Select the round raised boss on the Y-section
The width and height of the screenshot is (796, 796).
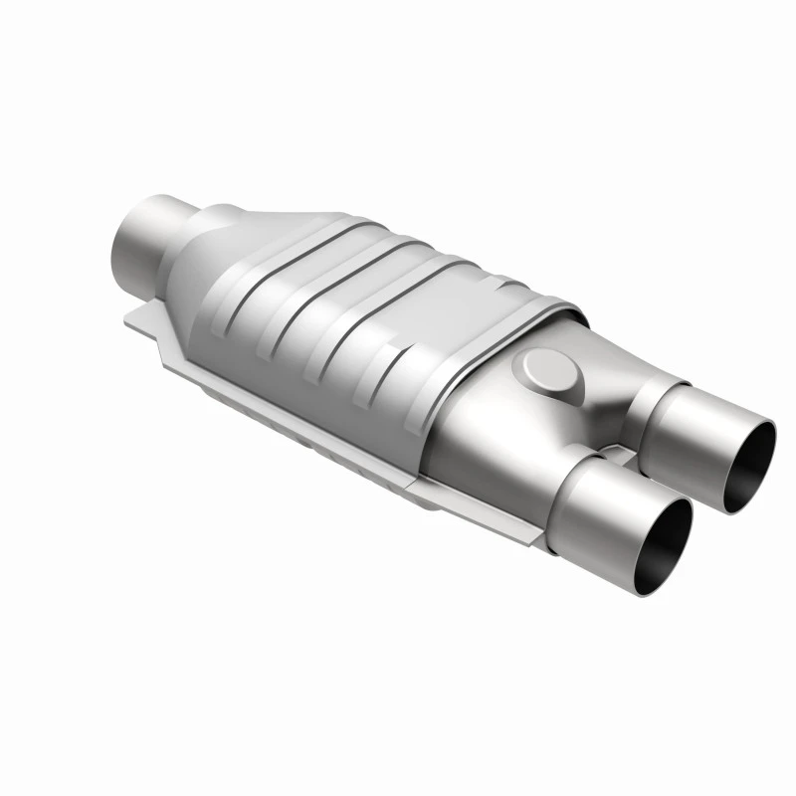coord(543,372)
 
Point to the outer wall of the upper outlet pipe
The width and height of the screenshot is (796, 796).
coord(687,428)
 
